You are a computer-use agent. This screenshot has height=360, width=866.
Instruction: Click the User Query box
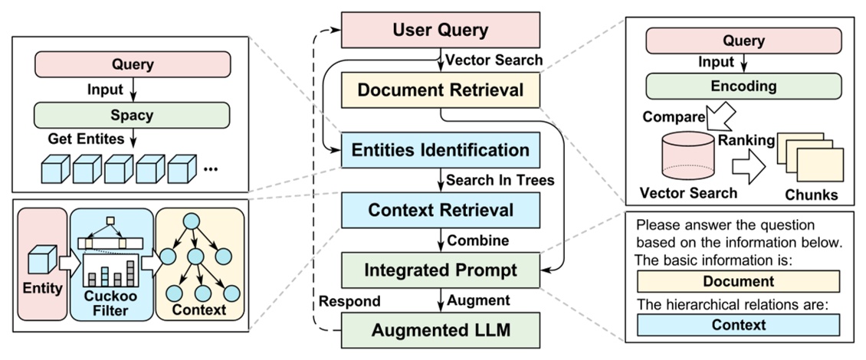tap(440, 31)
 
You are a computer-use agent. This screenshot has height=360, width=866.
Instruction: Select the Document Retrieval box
tap(440, 90)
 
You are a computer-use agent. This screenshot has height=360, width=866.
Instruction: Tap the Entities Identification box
tap(440, 150)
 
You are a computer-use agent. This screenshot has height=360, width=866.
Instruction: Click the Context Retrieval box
tap(440, 209)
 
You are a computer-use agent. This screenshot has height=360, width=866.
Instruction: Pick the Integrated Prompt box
tap(440, 270)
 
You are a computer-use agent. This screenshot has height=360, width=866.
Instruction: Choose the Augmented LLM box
tap(440, 330)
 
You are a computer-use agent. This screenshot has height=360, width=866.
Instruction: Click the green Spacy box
tap(133, 115)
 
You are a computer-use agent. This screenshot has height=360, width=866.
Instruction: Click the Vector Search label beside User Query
tap(494, 60)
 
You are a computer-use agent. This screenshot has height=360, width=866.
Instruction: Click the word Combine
tap(477, 240)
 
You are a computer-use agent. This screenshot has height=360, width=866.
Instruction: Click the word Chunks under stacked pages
tap(811, 195)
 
